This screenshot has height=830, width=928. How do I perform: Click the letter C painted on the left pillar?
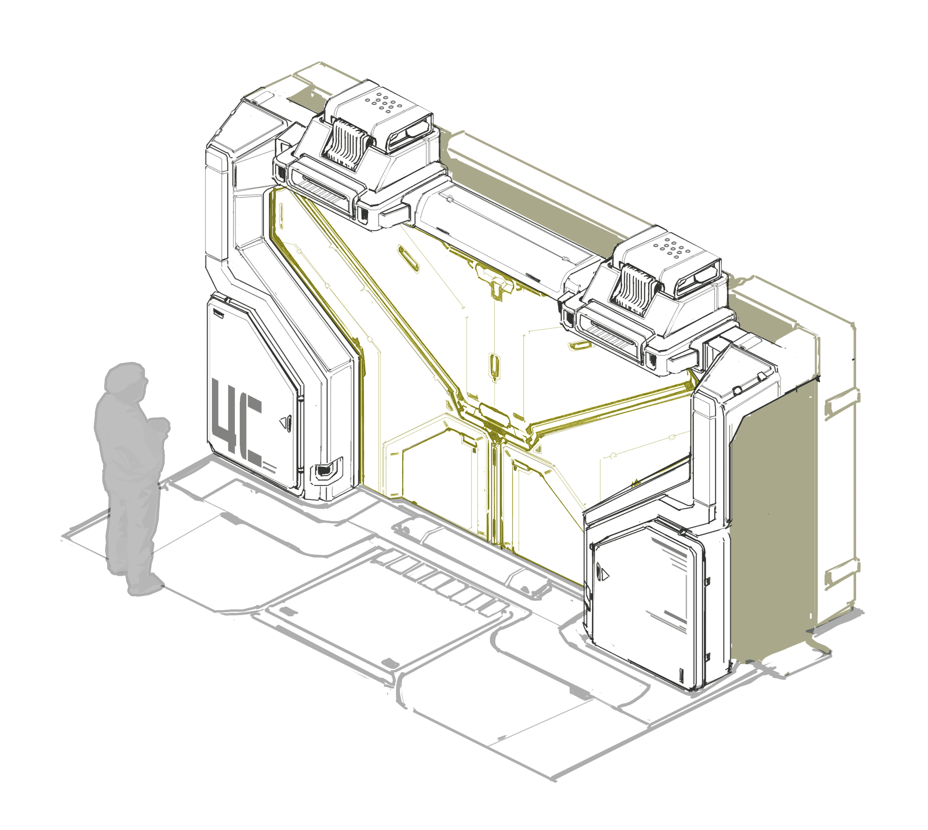pos(251,431)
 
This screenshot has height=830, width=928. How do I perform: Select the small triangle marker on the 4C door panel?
pos(286,422)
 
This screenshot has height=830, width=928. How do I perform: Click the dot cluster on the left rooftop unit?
pos(384,102)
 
